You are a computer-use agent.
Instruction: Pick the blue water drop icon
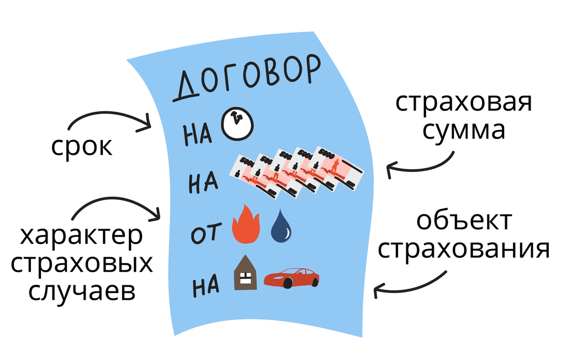click(282, 226)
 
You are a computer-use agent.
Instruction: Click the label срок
click(82, 147)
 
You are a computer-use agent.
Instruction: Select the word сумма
click(464, 131)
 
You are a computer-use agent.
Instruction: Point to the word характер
click(82, 237)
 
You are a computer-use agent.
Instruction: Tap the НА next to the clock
click(198, 134)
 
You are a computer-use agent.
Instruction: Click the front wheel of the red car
click(287, 283)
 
